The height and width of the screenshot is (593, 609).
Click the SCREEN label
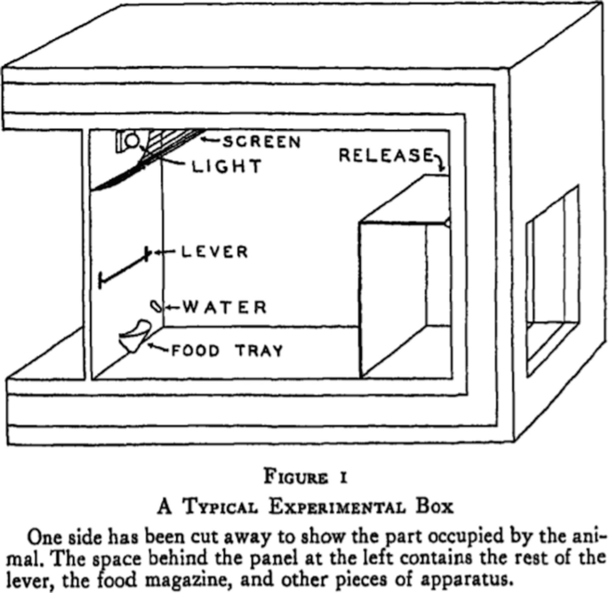[x=262, y=142]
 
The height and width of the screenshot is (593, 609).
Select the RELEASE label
[x=385, y=156]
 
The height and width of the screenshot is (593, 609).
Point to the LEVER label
[x=214, y=252]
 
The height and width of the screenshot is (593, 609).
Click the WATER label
[x=225, y=308]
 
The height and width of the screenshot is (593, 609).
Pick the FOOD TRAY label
[x=228, y=350]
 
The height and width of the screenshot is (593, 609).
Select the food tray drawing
[x=135, y=337]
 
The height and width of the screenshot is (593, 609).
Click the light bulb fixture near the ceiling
[x=130, y=140]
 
